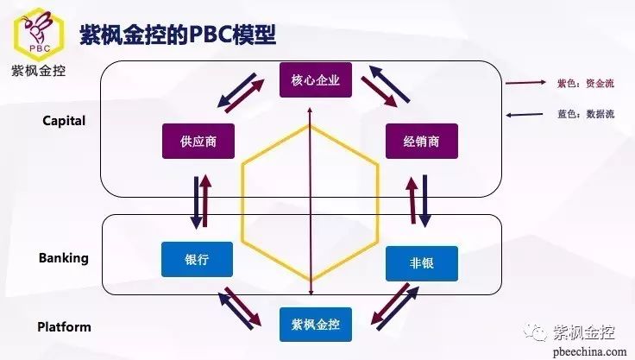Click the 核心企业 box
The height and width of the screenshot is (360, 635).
[316, 80]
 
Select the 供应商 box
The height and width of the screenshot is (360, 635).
[198, 141]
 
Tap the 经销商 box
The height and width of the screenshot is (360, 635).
[422, 141]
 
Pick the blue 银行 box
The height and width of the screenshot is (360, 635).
[198, 260]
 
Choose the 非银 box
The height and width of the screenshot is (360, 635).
[422, 263]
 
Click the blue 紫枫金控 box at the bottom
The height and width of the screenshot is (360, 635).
[316, 325]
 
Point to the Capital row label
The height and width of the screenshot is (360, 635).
[64, 121]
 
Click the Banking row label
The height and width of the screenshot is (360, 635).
[64, 258]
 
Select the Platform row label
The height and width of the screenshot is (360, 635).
[64, 326]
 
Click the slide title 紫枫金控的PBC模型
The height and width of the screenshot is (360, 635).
[178, 35]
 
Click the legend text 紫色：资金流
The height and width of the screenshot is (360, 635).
[586, 84]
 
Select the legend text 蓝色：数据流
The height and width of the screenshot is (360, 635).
[586, 114]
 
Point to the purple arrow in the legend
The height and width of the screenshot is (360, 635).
[525, 83]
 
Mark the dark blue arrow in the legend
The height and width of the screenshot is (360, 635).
[525, 115]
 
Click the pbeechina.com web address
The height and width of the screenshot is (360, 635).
[589, 351]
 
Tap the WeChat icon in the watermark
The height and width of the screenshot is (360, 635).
[536, 332]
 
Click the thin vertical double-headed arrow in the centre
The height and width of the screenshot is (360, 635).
[311, 201]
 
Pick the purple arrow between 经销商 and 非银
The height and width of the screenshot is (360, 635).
[412, 200]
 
